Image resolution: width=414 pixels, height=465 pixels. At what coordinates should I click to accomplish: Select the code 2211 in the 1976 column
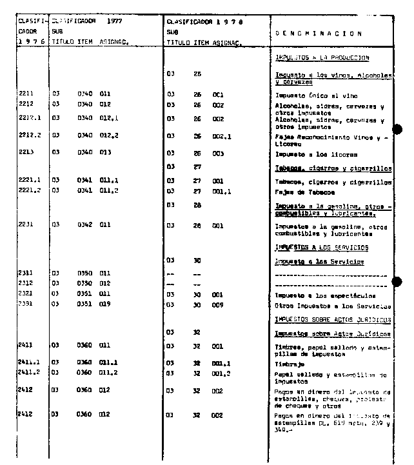coord(26,94)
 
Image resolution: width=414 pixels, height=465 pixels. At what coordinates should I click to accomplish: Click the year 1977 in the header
coord(116,21)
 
